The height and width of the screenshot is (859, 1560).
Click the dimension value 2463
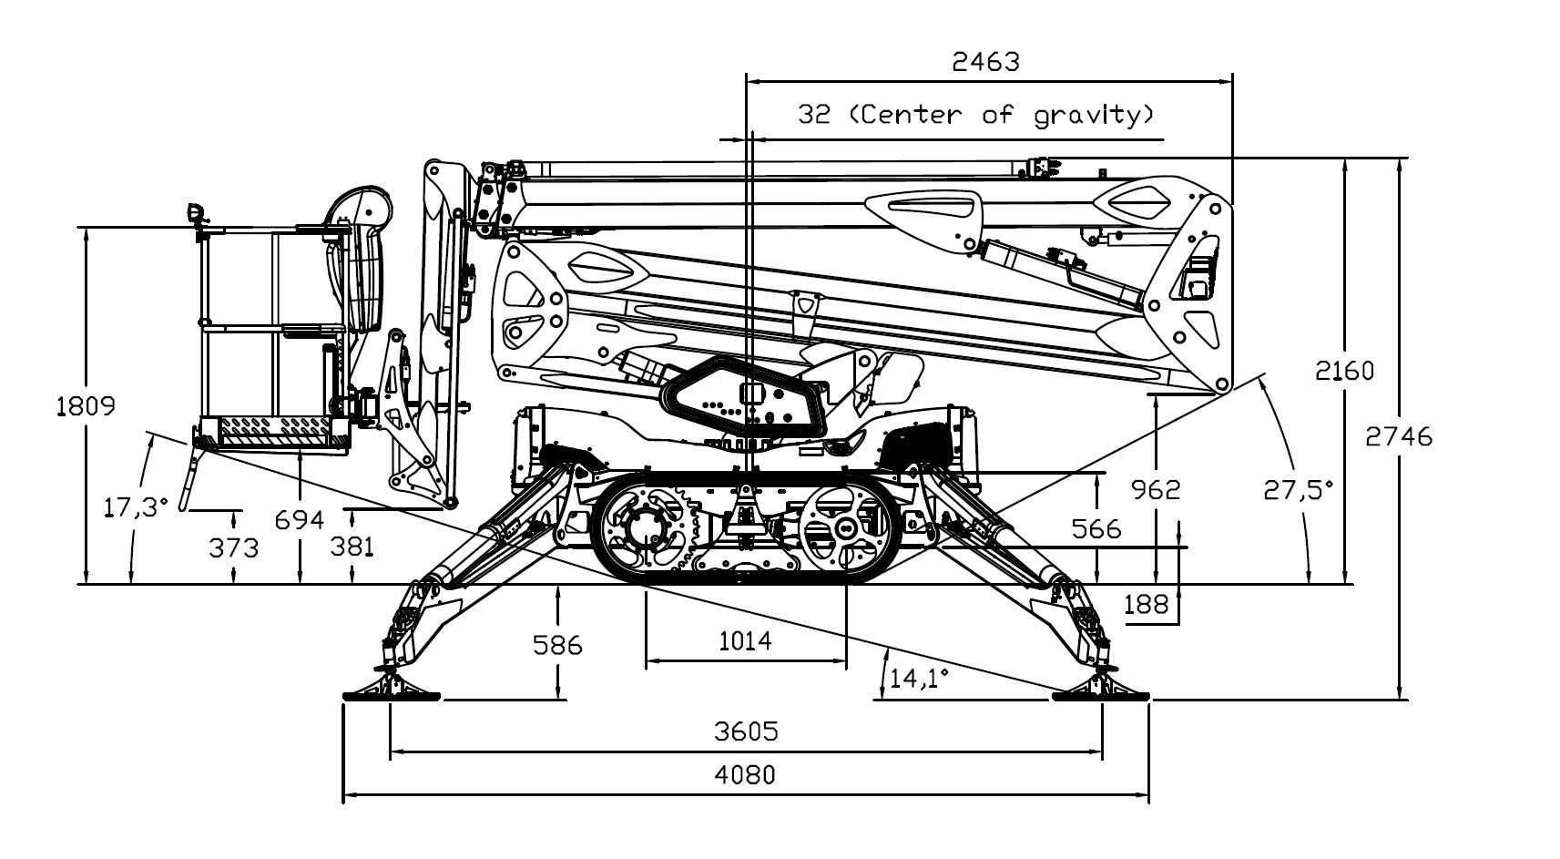(985, 62)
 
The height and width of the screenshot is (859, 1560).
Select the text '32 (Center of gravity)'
(977, 115)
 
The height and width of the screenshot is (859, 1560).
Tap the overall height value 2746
(1399, 437)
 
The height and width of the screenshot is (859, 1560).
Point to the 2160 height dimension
(1345, 371)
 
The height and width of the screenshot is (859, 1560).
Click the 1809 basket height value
(87, 405)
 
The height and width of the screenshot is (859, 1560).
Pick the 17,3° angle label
(137, 506)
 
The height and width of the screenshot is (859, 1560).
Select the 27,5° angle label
(1298, 490)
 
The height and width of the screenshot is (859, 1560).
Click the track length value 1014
(745, 641)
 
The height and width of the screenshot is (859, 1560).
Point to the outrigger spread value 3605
(747, 731)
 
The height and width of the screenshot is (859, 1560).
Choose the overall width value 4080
(746, 775)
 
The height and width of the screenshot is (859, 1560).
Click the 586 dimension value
(557, 646)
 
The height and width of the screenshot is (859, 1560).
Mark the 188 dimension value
(1147, 604)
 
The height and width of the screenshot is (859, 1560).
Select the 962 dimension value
(1155, 490)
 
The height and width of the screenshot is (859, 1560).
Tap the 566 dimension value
(1096, 528)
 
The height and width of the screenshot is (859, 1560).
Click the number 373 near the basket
(234, 548)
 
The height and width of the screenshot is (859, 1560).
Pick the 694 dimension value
(300, 520)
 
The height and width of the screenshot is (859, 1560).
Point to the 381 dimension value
(352, 547)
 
